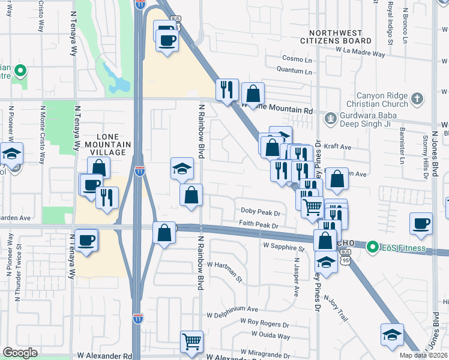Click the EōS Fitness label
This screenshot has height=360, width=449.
point(405,247)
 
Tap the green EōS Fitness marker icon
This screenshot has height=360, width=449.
point(372,247)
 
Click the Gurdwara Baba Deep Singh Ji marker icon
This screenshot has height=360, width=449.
point(330,119)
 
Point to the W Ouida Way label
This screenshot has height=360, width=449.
point(270,334)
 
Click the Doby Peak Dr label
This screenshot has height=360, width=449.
point(261,212)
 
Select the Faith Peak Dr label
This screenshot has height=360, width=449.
point(258,226)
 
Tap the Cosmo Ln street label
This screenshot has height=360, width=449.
point(298,59)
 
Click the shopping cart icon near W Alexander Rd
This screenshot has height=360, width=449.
point(192,341)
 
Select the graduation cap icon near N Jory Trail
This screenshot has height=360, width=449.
point(326,262)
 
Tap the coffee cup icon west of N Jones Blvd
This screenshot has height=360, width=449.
point(421,224)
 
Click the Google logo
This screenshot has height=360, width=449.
point(20,353)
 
